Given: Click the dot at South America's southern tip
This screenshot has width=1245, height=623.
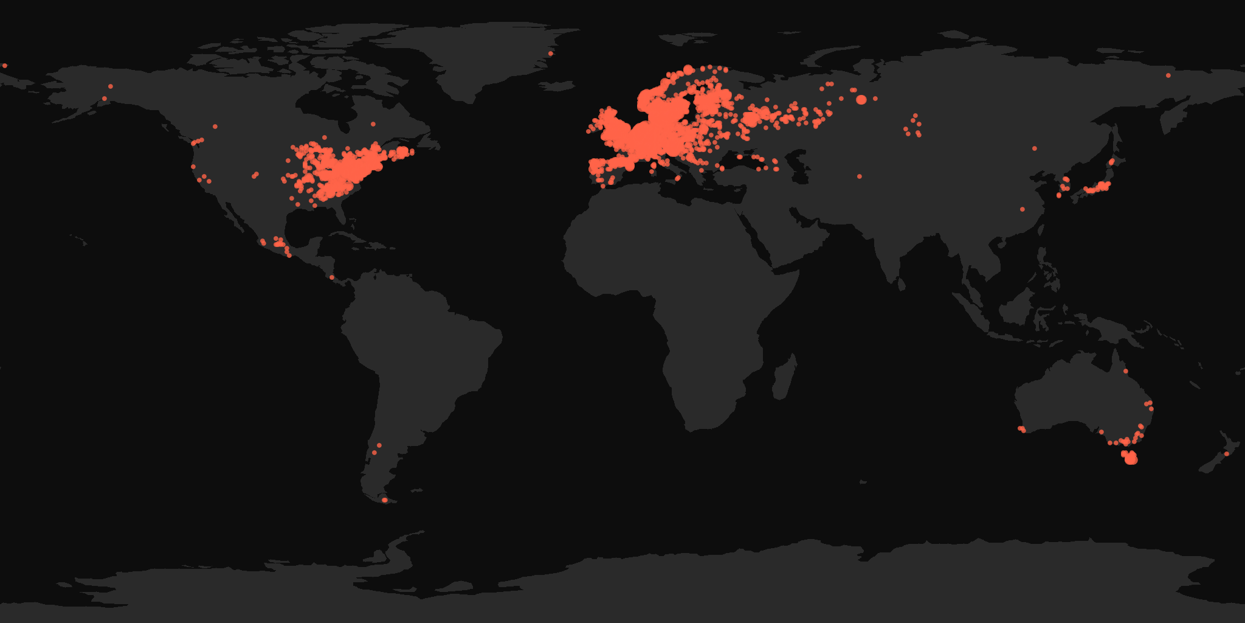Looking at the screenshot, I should click(x=384, y=500).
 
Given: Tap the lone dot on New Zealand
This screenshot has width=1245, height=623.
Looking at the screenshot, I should click(x=1226, y=454).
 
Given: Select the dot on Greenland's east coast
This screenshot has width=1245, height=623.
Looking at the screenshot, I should click(x=551, y=54).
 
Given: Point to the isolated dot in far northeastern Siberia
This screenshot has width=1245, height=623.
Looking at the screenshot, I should click(x=1168, y=75).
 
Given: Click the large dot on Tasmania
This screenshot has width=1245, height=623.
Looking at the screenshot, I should click(x=1131, y=459).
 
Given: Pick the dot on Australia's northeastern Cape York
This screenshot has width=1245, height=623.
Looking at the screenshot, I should click(x=1126, y=371).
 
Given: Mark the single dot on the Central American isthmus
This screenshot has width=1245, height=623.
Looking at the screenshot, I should click(x=332, y=277).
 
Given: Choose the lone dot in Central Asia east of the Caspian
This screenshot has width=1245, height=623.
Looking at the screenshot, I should click(x=860, y=176).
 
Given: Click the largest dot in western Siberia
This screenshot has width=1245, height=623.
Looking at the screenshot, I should click(x=861, y=99).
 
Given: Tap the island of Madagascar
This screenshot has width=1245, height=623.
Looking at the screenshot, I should click(x=784, y=377).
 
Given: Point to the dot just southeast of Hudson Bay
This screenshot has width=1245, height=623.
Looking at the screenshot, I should click(x=373, y=124).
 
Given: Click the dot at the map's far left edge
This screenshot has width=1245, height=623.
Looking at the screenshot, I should click(x=4, y=65).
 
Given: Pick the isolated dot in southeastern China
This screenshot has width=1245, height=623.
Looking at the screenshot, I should click(x=1023, y=209).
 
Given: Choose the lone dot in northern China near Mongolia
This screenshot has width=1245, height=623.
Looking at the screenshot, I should click(x=1035, y=148).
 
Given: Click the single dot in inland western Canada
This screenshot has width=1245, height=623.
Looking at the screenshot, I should click(x=215, y=127).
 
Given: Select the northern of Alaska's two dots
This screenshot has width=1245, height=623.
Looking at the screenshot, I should click(x=111, y=86).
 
